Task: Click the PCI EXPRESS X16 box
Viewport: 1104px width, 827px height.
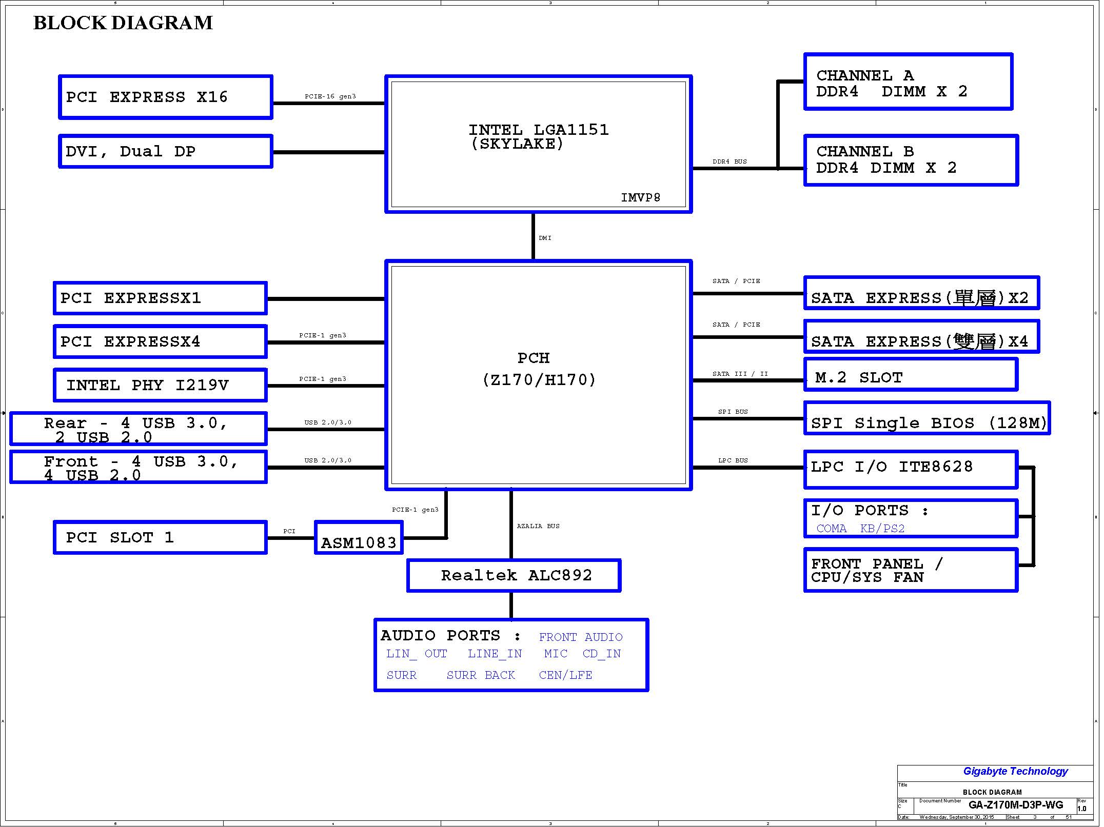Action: tap(166, 97)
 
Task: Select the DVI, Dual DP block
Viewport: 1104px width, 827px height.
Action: tap(166, 151)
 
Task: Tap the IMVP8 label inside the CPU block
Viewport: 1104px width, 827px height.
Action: tap(640, 197)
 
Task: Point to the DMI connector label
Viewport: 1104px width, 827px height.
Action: tap(545, 238)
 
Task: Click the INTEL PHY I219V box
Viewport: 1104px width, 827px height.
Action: tap(160, 385)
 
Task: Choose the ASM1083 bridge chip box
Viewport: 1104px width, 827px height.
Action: tap(359, 538)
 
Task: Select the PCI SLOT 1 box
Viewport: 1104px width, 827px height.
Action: tap(160, 538)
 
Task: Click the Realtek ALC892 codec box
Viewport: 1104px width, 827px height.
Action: tap(514, 575)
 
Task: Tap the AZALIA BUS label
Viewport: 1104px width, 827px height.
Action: tap(538, 526)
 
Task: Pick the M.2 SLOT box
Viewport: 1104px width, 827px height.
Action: tap(911, 375)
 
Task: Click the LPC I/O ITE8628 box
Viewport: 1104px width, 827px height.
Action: tap(911, 469)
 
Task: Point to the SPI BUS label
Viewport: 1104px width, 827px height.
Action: tap(733, 412)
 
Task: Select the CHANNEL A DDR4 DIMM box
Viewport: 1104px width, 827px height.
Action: tap(908, 82)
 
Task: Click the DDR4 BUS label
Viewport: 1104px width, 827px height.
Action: tap(730, 162)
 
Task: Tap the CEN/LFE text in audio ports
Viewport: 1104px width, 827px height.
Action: tap(565, 675)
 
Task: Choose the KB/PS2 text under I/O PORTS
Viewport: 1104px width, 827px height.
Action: tap(882, 529)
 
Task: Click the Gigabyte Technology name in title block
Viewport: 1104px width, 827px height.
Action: tap(1015, 771)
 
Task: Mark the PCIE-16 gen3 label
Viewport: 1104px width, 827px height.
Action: tap(330, 96)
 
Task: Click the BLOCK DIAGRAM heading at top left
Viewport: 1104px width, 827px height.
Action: tap(123, 23)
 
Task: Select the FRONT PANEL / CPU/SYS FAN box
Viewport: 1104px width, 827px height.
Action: tap(911, 570)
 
